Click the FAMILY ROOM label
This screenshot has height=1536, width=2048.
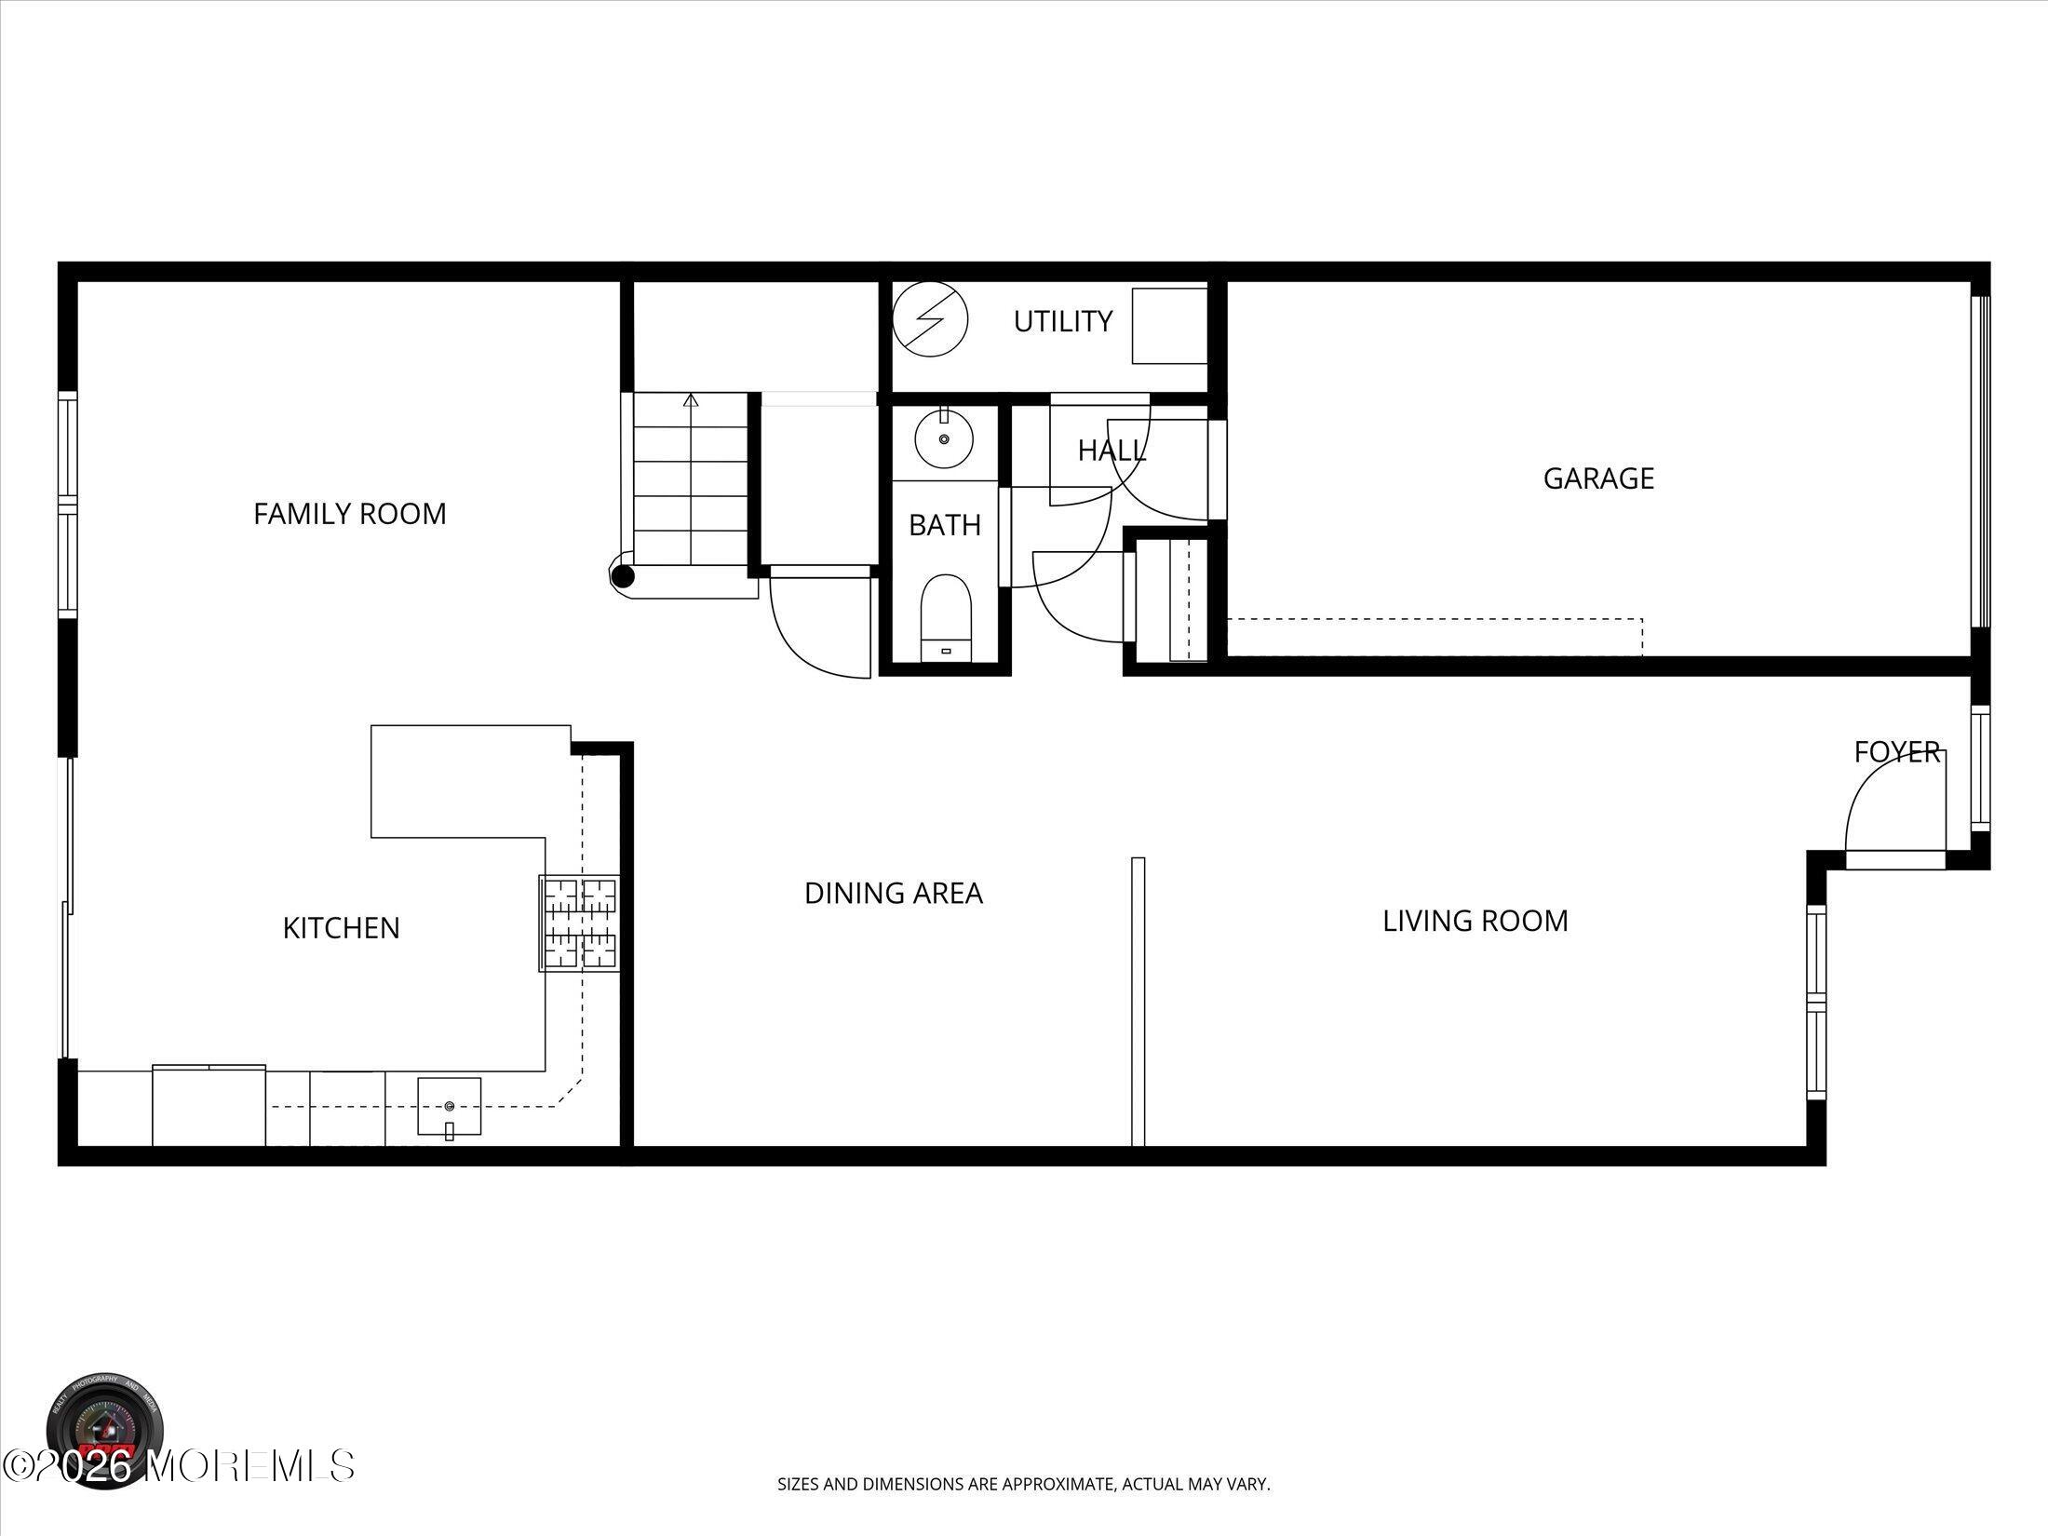click(350, 514)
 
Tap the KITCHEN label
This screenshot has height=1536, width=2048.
click(341, 928)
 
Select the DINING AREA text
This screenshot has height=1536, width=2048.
click(893, 894)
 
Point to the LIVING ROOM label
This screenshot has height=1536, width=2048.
click(1475, 922)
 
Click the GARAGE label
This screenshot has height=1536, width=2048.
click(1598, 478)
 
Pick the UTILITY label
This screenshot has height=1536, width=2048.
click(1062, 322)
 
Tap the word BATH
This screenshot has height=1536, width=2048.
click(944, 526)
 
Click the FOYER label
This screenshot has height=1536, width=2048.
click(1896, 752)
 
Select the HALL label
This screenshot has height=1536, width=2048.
click(1112, 451)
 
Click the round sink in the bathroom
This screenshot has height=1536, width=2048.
click(944, 438)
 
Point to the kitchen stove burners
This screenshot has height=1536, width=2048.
click(579, 923)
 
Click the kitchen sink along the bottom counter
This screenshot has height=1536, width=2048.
click(450, 1107)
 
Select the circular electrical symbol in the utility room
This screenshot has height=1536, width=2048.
click(930, 319)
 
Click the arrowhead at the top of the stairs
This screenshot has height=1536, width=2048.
click(691, 400)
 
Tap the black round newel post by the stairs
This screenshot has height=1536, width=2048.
click(623, 577)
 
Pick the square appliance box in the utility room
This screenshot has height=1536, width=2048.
click(1169, 326)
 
